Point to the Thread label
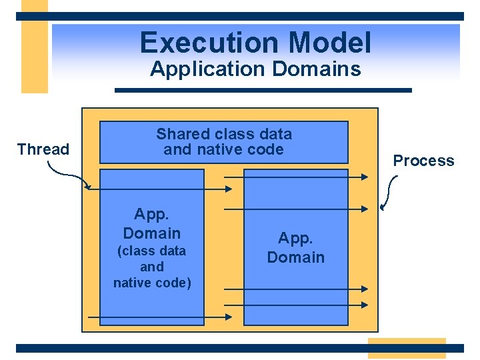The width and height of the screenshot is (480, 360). point(43,149)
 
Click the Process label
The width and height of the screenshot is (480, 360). point(423,161)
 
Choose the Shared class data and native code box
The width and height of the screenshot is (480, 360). point(224,142)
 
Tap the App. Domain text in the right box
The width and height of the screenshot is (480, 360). point(295,247)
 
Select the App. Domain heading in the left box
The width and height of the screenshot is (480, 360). point(152,223)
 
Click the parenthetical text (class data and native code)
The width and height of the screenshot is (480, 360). point(152,267)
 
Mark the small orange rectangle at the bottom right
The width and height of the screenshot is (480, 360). point(406,348)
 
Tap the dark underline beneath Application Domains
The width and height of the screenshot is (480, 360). point(263,90)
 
